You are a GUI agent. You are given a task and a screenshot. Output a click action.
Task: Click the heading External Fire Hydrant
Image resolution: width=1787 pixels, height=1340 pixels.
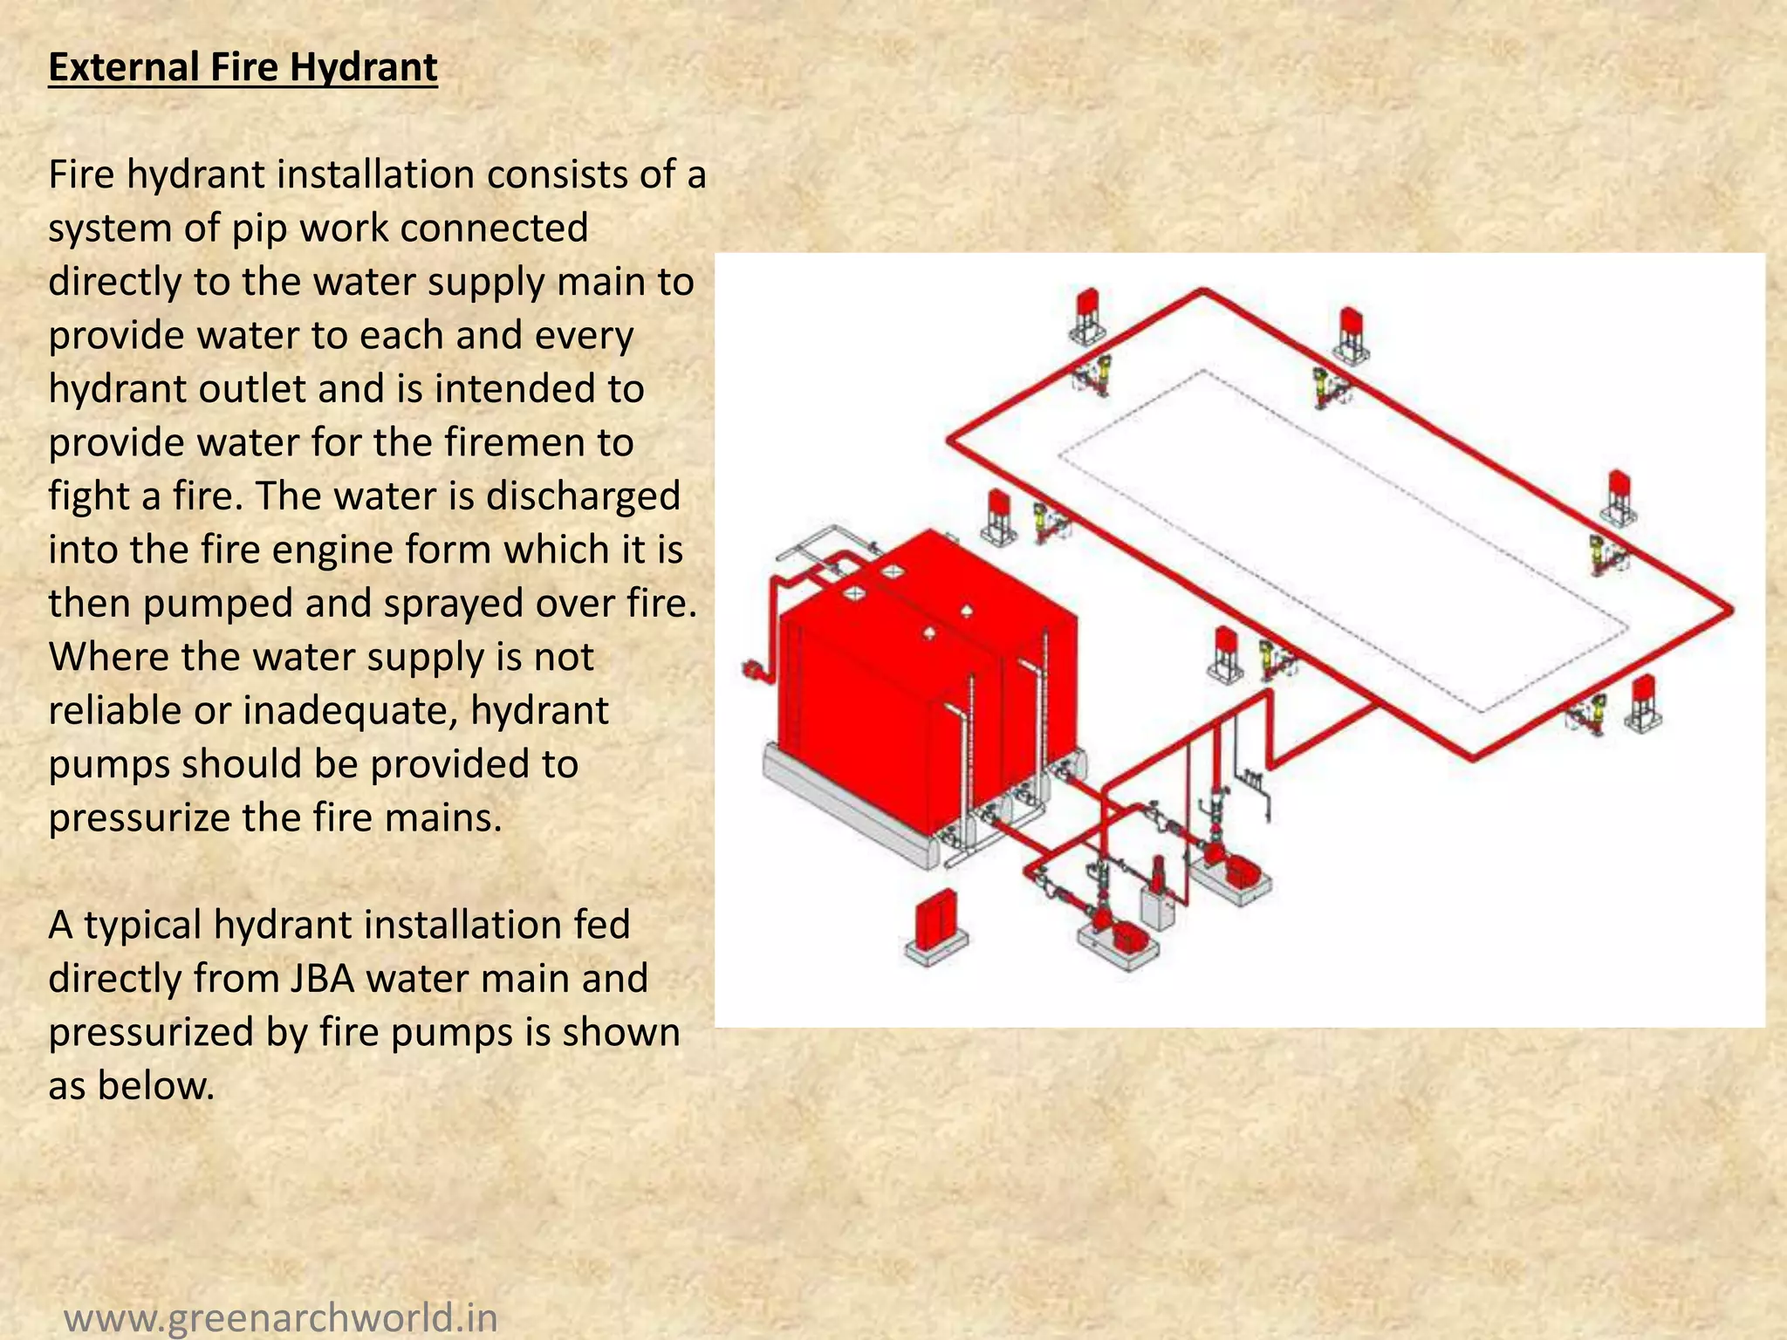click(243, 68)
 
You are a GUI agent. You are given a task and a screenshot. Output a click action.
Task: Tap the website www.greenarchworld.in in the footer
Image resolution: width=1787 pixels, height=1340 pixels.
click(281, 1316)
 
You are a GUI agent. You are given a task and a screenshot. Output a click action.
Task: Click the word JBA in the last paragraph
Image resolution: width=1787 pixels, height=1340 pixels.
click(321, 978)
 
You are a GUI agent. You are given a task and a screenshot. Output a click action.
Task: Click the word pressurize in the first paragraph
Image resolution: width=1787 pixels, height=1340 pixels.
click(140, 818)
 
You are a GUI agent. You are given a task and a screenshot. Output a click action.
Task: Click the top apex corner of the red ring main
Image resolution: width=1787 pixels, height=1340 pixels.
click(1203, 291)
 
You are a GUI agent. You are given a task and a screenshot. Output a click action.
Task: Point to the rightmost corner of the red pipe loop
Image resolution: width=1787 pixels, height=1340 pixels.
click(1729, 611)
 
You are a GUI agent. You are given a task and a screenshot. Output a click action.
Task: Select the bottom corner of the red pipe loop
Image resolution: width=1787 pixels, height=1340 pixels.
click(1474, 757)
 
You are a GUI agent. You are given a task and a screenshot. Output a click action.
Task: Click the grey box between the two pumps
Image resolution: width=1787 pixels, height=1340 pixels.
click(1159, 907)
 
